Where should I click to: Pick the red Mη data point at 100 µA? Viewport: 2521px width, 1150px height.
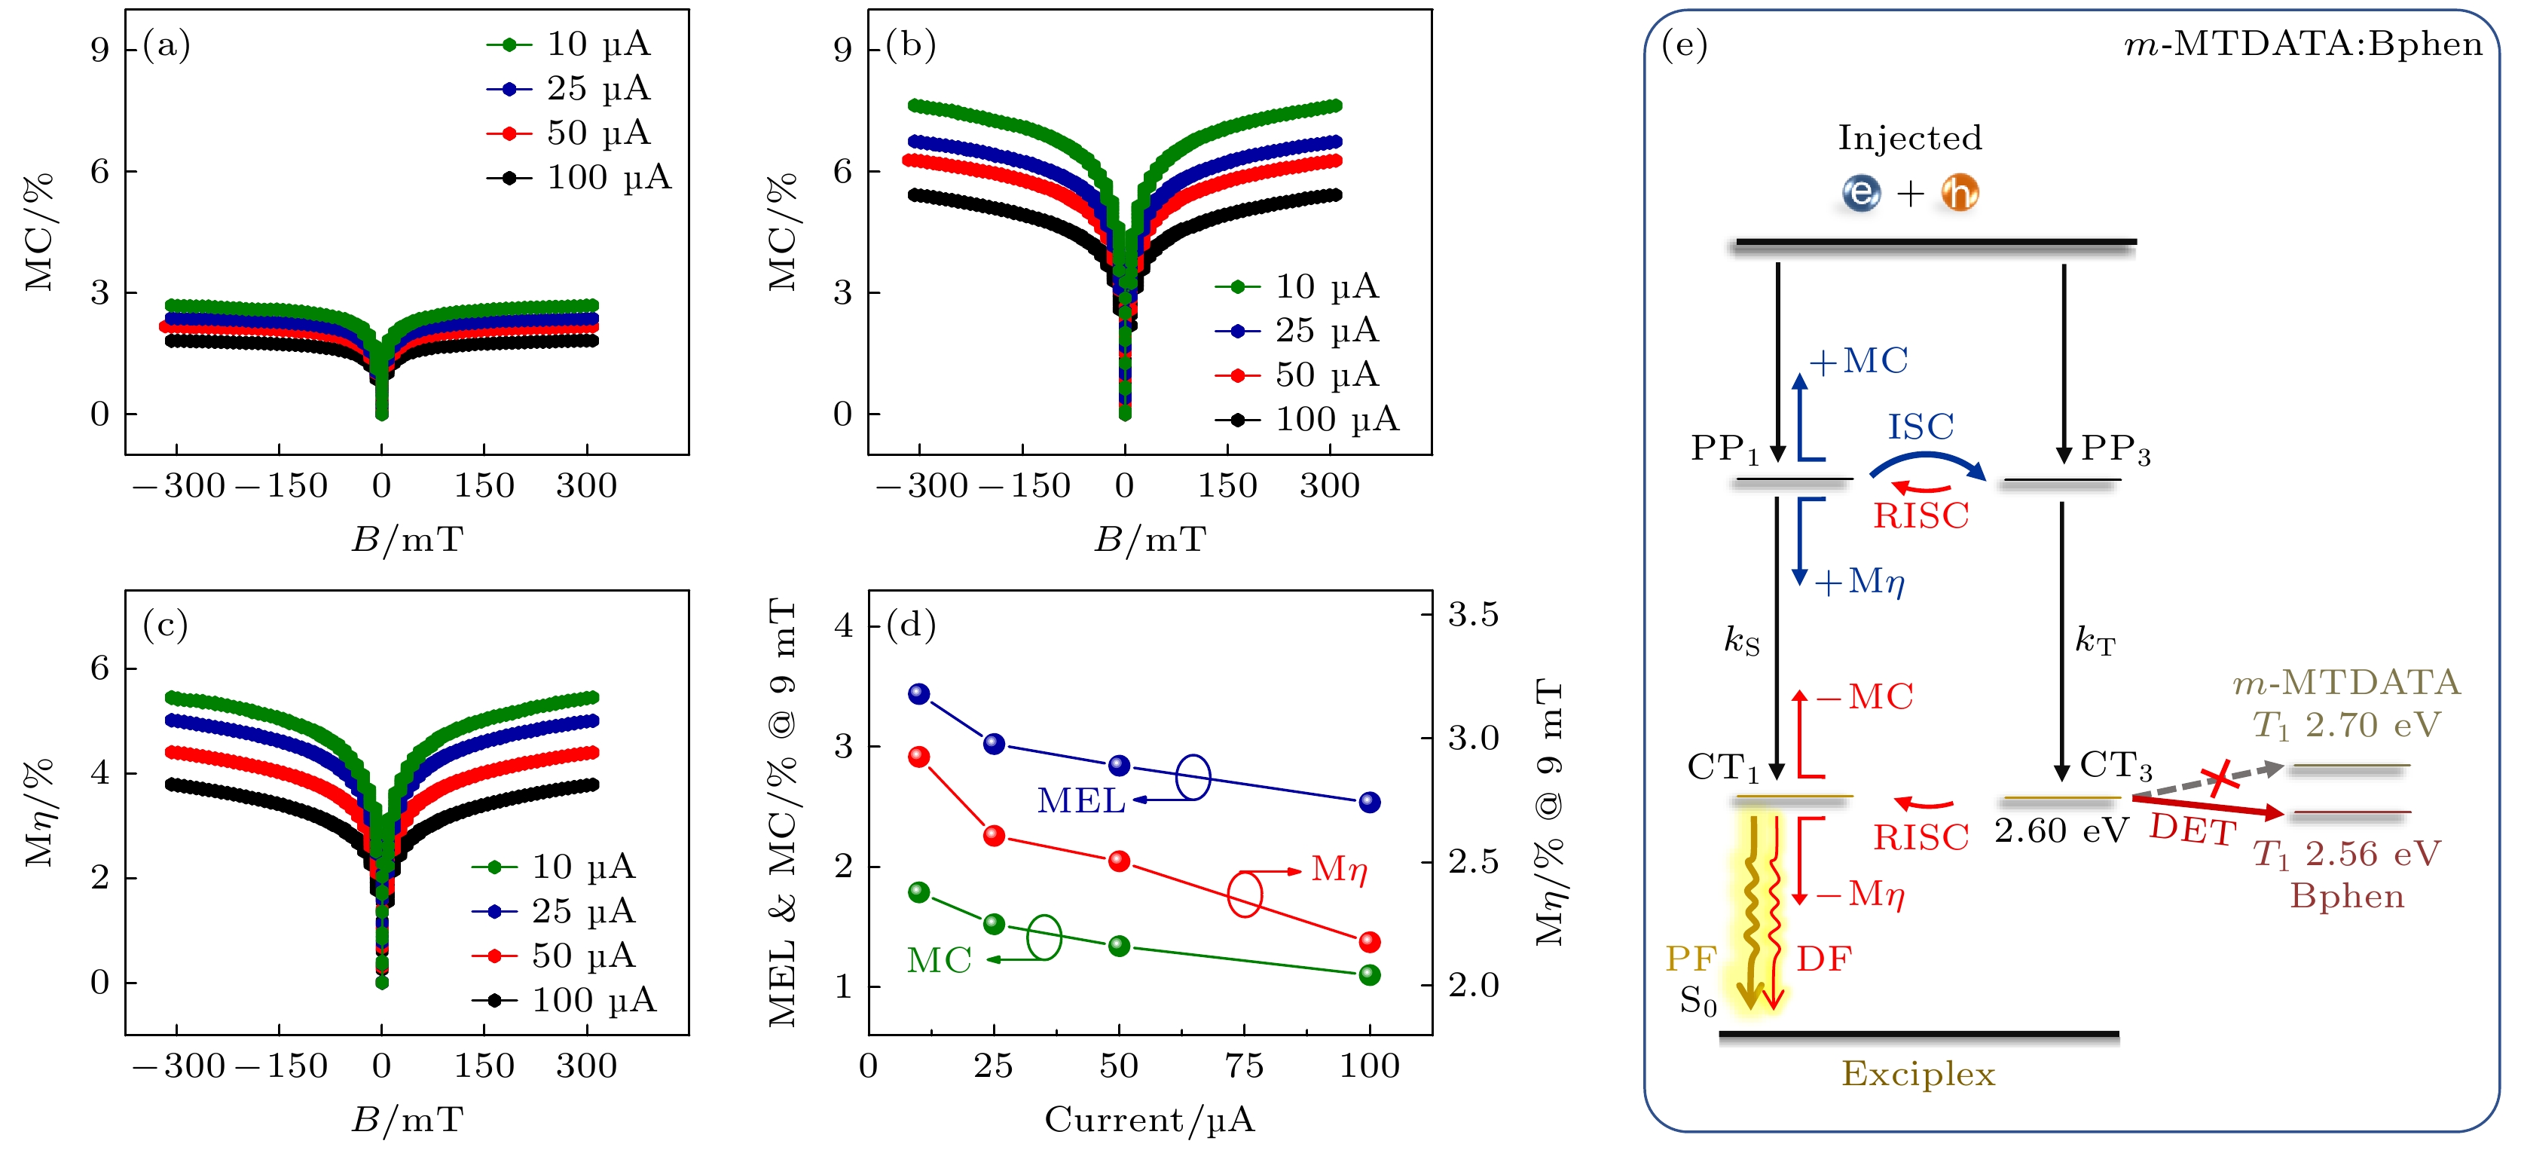point(1370,941)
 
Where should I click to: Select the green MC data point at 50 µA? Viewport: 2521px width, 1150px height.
point(1120,946)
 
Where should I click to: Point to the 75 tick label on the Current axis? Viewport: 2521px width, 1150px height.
point(1244,1066)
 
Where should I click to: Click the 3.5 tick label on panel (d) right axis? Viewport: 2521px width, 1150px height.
point(1474,615)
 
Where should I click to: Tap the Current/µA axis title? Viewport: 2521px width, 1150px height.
point(1150,1118)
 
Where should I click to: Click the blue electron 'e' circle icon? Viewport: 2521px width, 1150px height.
point(1860,193)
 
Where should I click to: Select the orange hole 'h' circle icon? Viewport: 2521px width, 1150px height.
point(1959,193)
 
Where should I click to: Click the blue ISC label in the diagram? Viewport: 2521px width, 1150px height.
point(1920,427)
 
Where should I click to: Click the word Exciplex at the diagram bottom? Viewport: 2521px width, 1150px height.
point(1918,1075)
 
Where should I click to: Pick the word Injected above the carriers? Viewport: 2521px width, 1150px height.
point(1909,138)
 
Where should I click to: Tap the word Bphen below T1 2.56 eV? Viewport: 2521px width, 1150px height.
point(2347,897)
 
